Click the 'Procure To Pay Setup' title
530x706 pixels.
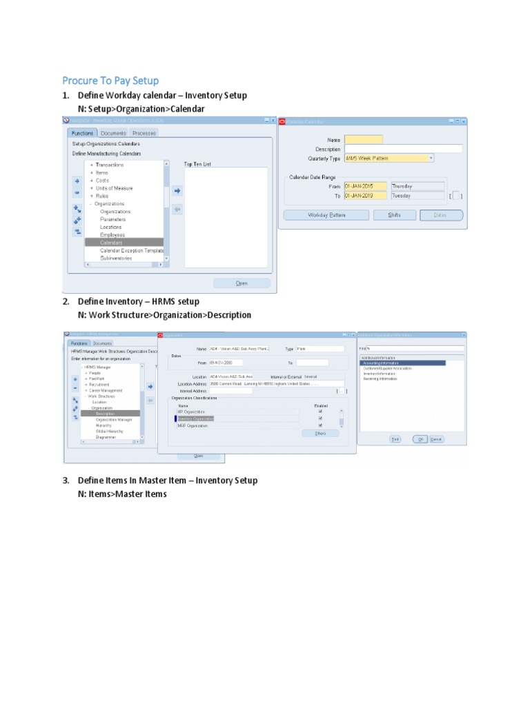[110, 81]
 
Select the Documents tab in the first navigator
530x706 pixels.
[112, 133]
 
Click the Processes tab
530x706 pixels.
[144, 133]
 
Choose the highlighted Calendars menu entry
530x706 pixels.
[111, 243]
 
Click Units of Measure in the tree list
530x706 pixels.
[114, 188]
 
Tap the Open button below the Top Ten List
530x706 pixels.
[241, 283]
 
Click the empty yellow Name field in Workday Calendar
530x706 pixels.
[363, 139]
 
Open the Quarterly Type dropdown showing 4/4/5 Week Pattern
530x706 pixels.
[389, 158]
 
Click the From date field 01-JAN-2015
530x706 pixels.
[366, 186]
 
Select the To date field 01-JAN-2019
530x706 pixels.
[366, 196]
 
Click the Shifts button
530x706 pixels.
[395, 215]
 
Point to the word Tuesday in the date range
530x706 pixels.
[402, 196]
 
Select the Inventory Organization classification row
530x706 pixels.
[196, 418]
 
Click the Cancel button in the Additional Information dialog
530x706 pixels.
[436, 438]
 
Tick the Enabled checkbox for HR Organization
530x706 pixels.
[320, 412]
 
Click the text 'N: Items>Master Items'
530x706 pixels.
[122, 494]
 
